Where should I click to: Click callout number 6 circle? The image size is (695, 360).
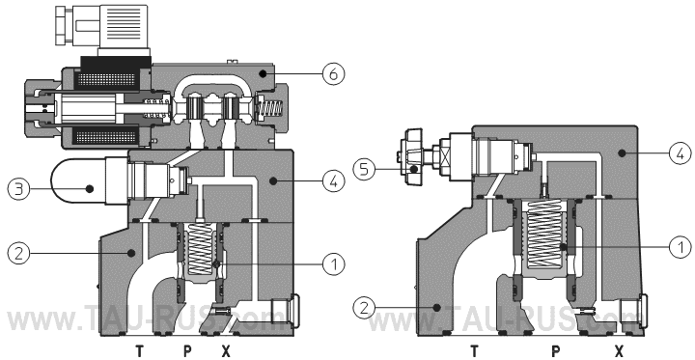point(333,74)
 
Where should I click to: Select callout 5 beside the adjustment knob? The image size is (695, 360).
point(364,169)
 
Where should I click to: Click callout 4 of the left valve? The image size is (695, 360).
point(333,180)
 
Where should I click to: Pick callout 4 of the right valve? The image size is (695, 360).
point(681,153)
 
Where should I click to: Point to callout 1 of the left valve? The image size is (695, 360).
point(333,264)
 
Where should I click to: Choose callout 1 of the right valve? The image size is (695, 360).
point(681,246)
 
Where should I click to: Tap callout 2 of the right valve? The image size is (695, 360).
point(364,307)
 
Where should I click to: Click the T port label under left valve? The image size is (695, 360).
point(140,351)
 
